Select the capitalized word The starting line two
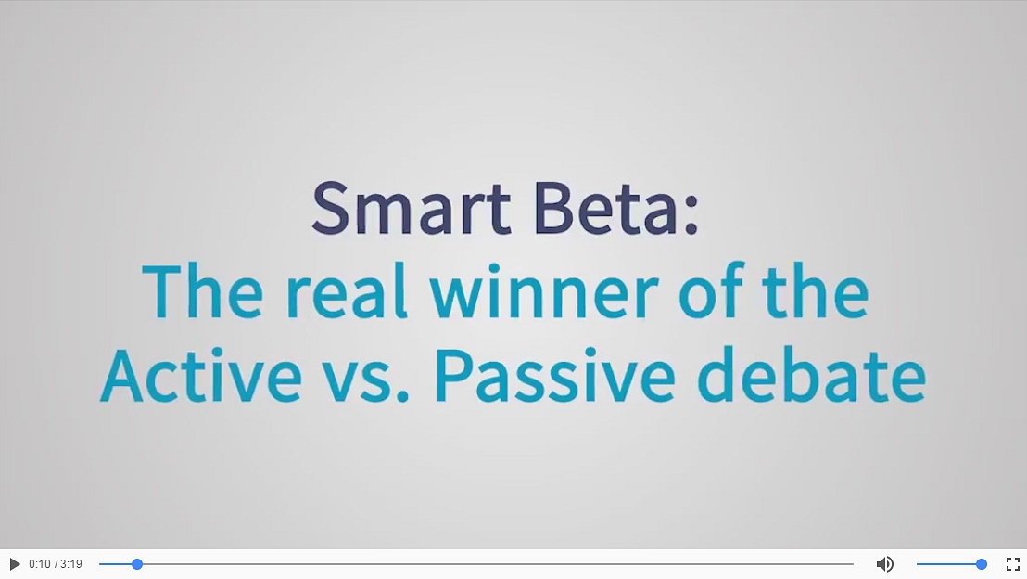click(202, 290)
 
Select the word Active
click(201, 375)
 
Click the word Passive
click(555, 375)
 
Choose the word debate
click(812, 375)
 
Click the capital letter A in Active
click(121, 376)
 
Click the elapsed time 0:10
click(39, 564)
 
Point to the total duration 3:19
click(71, 564)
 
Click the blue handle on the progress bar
click(137, 564)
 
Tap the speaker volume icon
click(885, 564)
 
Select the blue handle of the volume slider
click(982, 564)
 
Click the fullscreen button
click(1012, 564)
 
